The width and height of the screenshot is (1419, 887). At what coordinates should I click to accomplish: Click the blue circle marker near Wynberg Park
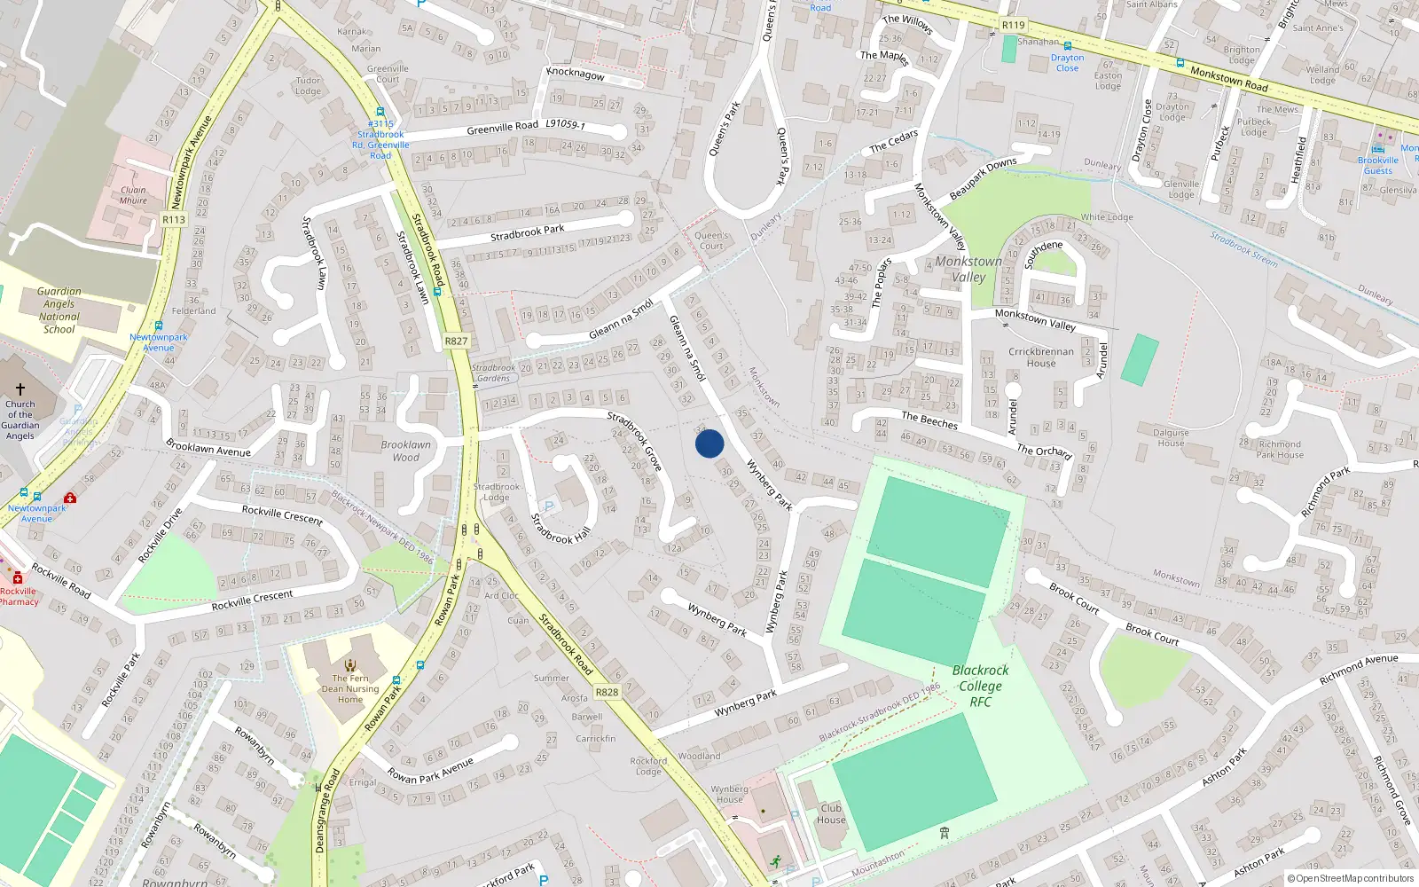709,443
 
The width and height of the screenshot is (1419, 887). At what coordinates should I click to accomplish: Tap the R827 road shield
456,341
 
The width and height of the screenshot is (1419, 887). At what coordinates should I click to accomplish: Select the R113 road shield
174,220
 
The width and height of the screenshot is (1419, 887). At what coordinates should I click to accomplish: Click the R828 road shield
607,693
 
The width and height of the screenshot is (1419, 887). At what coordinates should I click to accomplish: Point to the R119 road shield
1014,26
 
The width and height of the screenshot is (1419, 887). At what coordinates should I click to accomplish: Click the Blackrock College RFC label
980,686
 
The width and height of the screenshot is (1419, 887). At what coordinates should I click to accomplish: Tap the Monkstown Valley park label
968,269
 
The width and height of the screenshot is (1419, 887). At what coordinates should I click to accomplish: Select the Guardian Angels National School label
59,310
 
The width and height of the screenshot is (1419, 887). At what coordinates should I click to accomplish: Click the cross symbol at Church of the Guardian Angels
20,389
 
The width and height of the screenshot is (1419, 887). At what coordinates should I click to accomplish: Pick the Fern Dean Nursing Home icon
350,664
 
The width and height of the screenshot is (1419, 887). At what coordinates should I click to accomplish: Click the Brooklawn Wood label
406,451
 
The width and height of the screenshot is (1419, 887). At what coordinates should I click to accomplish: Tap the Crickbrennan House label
1041,357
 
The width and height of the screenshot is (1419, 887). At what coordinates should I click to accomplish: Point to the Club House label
831,813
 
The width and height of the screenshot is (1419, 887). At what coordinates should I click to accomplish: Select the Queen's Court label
711,241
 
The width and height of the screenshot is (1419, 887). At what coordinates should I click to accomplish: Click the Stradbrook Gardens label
493,373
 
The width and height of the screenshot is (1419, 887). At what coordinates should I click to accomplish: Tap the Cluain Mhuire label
134,195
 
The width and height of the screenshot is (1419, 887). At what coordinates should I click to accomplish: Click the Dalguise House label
1171,438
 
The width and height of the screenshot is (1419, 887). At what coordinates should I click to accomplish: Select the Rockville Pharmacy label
19,596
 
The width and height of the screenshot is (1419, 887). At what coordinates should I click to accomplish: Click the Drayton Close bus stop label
1067,63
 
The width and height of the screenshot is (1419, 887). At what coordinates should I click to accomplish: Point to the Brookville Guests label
1378,165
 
